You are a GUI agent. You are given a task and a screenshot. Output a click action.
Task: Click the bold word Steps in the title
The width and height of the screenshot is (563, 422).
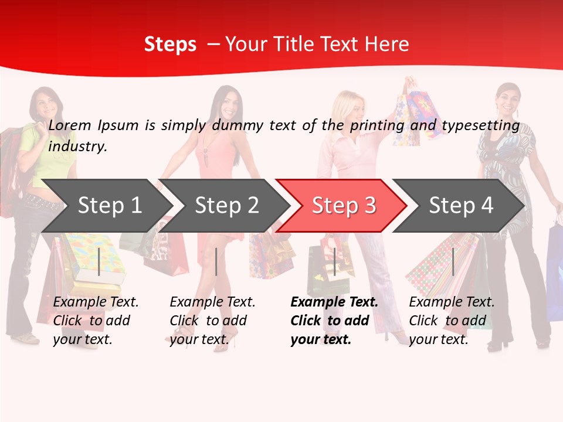pyautogui.click(x=170, y=45)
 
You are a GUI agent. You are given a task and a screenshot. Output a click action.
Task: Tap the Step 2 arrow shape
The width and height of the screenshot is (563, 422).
pyautogui.click(x=226, y=206)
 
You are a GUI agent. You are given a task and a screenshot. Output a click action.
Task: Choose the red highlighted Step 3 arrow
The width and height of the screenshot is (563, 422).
pyautogui.click(x=343, y=206)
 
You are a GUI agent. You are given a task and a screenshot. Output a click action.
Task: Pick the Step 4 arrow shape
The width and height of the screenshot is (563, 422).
pyautogui.click(x=460, y=206)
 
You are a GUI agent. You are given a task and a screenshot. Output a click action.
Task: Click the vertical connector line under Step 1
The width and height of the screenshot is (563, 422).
pyautogui.click(x=99, y=261)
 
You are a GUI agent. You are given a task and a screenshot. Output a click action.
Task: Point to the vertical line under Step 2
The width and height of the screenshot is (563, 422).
pyautogui.click(x=216, y=261)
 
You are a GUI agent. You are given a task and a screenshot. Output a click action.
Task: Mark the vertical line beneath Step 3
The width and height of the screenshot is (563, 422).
pyautogui.click(x=334, y=261)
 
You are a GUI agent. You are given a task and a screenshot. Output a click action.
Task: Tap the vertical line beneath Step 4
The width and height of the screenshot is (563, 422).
pyautogui.click(x=453, y=261)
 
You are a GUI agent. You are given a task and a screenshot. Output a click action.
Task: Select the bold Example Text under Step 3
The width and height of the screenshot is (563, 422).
pyautogui.click(x=334, y=321)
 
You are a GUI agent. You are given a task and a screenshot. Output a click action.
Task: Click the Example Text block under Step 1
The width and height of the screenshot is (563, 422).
pyautogui.click(x=96, y=321)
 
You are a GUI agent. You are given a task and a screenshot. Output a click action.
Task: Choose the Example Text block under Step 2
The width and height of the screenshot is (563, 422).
pyautogui.click(x=212, y=321)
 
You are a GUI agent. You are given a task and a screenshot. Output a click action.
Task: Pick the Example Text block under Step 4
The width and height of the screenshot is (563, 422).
pyautogui.click(x=452, y=321)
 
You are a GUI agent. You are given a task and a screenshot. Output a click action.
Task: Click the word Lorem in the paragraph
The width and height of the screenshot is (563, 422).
pyautogui.click(x=70, y=125)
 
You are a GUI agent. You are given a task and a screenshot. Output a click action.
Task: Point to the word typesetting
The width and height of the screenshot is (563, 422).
pyautogui.click(x=480, y=125)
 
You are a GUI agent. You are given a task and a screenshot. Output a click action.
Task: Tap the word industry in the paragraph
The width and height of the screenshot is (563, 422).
pyautogui.click(x=77, y=147)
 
